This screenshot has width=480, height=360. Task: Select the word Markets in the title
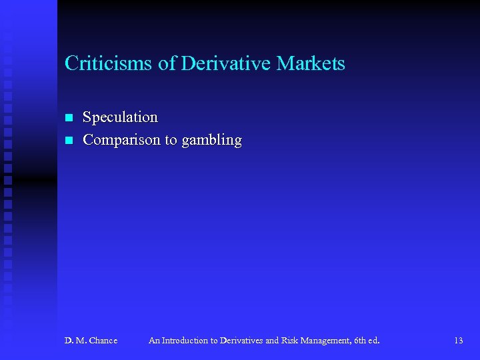[311, 64]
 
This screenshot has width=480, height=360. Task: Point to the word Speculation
[120, 117]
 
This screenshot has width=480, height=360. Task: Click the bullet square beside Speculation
[68, 118]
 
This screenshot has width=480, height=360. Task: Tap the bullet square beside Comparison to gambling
[68, 141]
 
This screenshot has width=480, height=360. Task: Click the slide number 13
[458, 341]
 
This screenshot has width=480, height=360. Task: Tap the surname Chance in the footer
[103, 341]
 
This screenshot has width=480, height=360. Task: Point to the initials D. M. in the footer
[75, 341]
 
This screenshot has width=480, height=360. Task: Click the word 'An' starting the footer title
[154, 341]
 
